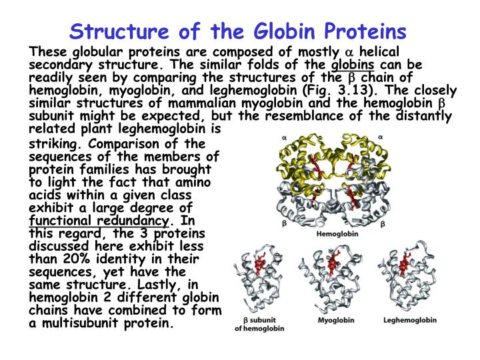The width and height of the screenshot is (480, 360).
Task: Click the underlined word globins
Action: click(x=353, y=64)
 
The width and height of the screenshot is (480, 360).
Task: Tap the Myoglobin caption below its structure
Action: click(x=333, y=321)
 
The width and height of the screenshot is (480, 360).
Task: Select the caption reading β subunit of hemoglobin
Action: click(x=259, y=324)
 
